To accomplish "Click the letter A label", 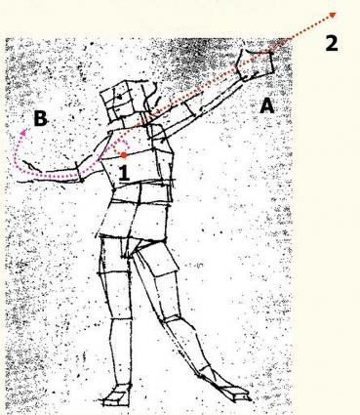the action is coord(266,105).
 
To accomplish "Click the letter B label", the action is coord(41,118).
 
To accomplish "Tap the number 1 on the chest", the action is coord(124,173).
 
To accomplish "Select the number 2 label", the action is coord(332,43).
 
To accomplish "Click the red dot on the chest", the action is coord(124,155).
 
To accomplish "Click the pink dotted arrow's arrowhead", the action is coord(23,132).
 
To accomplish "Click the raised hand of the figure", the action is coord(256,64).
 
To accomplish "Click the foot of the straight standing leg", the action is coord(117,395).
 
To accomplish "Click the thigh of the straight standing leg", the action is coord(114,276).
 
